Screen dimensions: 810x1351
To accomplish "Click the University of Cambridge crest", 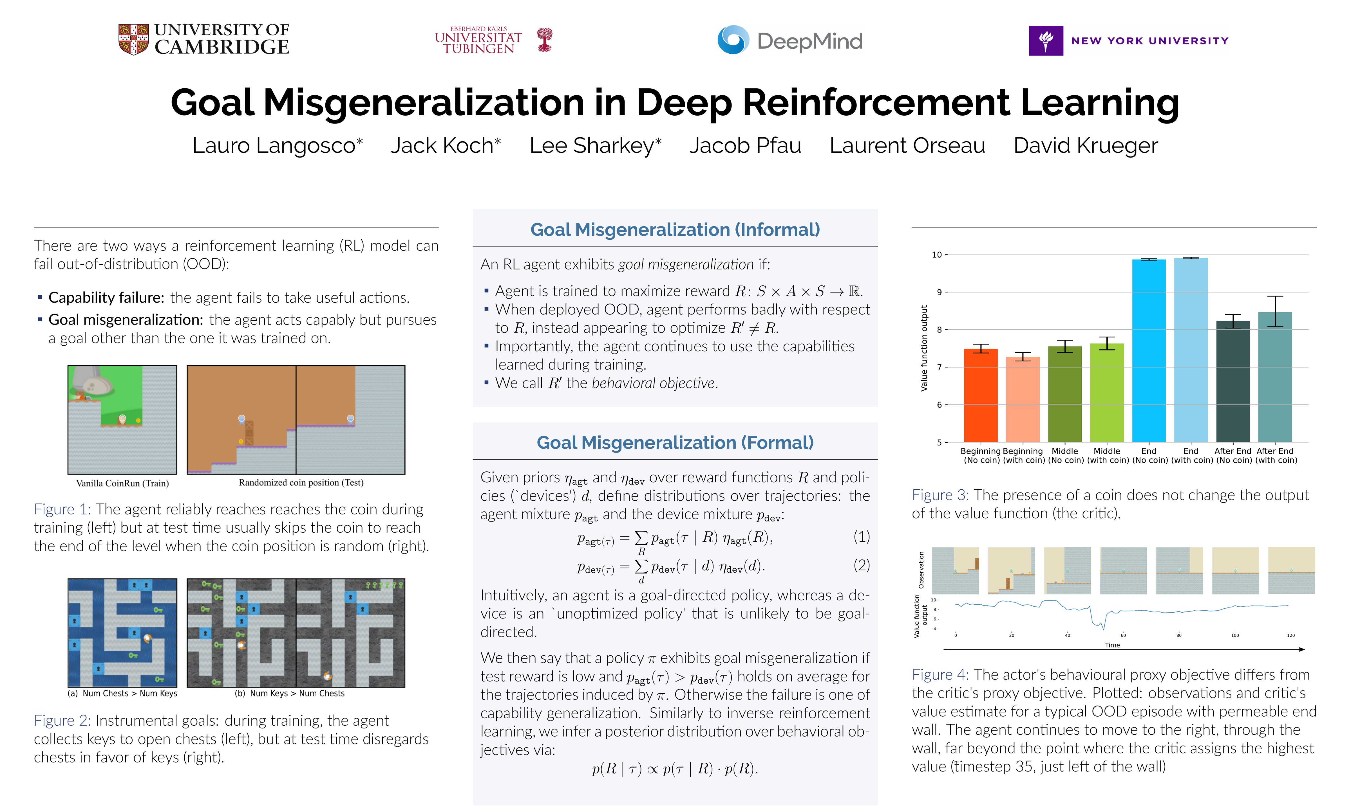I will (x=133, y=39).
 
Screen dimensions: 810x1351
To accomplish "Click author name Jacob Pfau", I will (x=745, y=146).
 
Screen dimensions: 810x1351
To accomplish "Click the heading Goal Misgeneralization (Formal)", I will (x=675, y=443).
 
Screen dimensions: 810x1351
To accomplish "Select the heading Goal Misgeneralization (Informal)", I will (x=675, y=230).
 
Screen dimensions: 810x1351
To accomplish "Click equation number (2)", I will (x=861, y=565).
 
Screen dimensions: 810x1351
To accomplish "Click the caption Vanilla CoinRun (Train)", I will (x=122, y=483).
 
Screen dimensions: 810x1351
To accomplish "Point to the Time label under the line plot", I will (x=1112, y=645).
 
